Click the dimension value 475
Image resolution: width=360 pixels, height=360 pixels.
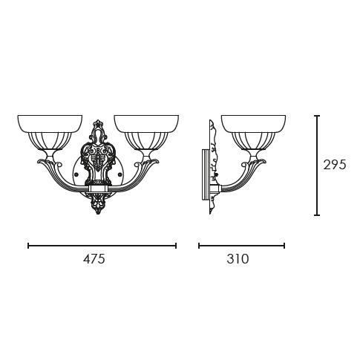pyautogui.click(x=94, y=259)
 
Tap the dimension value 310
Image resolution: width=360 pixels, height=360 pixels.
pyautogui.click(x=238, y=259)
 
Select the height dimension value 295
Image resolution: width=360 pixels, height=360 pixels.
pyautogui.click(x=334, y=165)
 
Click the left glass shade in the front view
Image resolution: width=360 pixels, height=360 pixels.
pyautogui.click(x=50, y=134)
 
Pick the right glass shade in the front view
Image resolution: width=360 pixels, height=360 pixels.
pyautogui.click(x=146, y=134)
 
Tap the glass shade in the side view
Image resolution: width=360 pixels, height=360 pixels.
pyautogui.click(x=254, y=134)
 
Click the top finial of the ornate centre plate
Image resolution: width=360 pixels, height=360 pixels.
pyautogui.click(x=99, y=123)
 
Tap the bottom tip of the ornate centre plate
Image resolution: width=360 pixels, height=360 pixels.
pyautogui.click(x=99, y=214)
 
